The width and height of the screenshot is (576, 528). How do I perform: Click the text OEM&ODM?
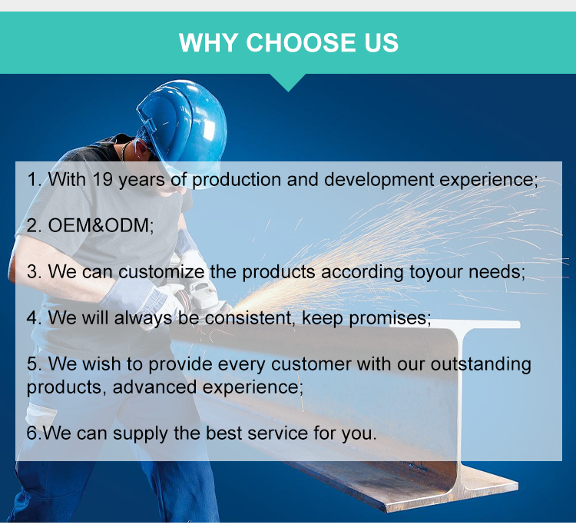[100, 225]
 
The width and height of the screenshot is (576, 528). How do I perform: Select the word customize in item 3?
[161, 272]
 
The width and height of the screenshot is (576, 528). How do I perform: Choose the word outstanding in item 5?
[481, 365]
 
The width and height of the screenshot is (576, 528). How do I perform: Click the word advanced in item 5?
[154, 387]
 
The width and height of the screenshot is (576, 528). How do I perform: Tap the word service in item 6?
[277, 433]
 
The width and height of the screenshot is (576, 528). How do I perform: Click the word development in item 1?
[379, 180]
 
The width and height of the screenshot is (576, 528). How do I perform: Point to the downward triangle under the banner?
[288, 81]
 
